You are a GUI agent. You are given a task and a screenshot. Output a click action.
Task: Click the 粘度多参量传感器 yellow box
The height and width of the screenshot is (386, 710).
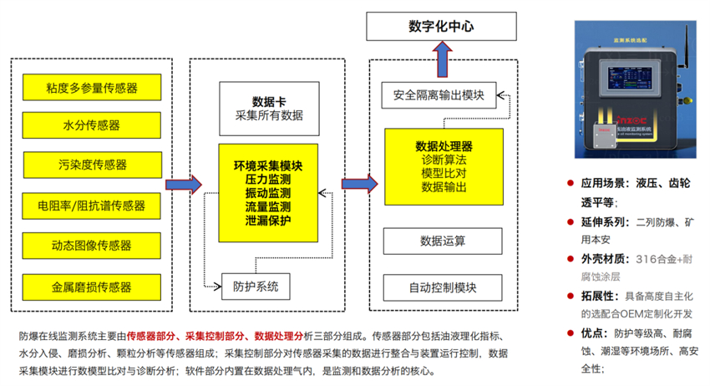pos(92,86)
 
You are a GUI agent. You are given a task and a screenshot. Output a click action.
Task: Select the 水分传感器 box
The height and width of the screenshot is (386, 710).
pos(92,125)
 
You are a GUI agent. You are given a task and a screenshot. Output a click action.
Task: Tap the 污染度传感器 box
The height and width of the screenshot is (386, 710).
pos(92,165)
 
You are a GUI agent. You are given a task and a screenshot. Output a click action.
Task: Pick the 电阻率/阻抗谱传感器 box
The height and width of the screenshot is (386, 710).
pos(92,206)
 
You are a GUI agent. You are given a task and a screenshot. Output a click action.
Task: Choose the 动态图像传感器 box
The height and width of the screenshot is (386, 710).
pos(92,246)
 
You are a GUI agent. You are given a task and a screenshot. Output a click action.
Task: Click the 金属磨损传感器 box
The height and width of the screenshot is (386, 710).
pos(92,287)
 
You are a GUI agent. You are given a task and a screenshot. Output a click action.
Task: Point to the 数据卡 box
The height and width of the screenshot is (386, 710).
pos(269,106)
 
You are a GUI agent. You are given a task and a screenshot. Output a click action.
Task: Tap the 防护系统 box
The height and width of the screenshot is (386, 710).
pos(256,287)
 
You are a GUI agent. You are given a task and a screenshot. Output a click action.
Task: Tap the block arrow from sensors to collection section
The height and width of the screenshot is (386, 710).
pos(183,184)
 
